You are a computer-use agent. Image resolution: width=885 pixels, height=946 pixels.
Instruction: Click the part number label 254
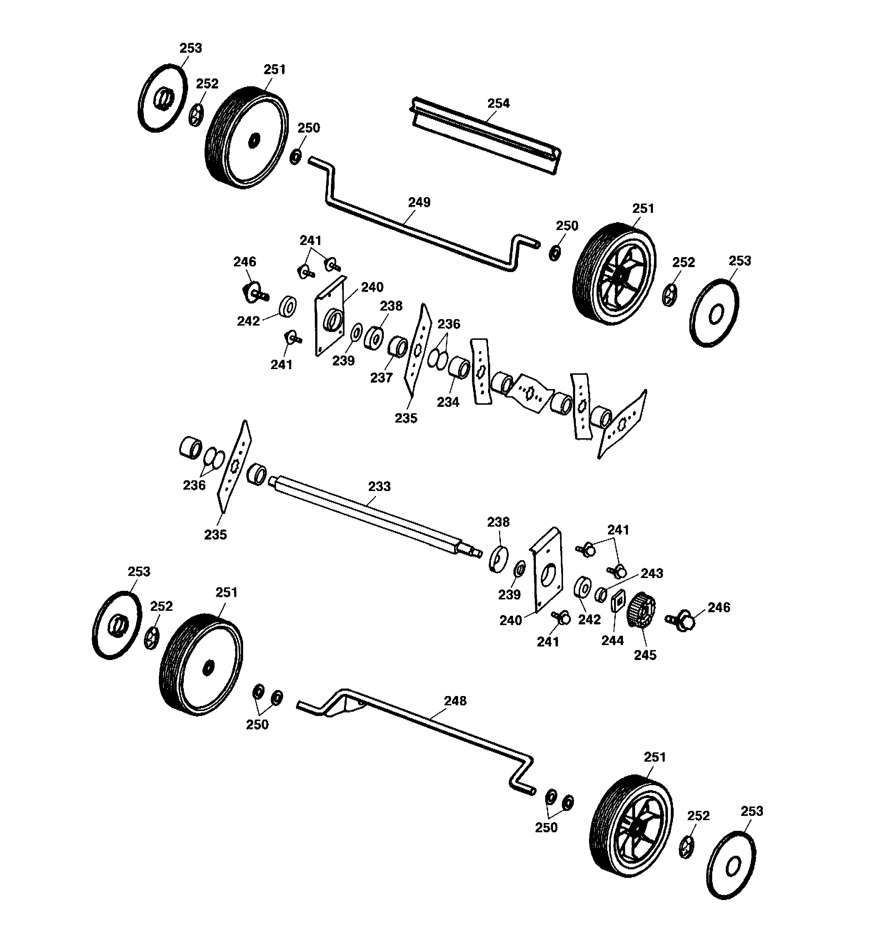click(x=498, y=103)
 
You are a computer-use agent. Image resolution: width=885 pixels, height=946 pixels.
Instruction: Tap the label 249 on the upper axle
click(x=419, y=202)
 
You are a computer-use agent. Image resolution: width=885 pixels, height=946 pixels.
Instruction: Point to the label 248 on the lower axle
click(x=456, y=701)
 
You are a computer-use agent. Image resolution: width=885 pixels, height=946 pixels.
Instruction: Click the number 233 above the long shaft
click(x=379, y=486)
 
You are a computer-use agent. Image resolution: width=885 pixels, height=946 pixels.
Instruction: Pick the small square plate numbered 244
click(x=618, y=602)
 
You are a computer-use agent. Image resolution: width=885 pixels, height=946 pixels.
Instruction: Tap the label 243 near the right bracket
click(x=652, y=573)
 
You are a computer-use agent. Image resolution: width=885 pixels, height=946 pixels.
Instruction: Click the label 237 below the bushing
click(x=381, y=378)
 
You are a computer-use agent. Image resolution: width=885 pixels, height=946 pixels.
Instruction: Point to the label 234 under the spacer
click(x=448, y=402)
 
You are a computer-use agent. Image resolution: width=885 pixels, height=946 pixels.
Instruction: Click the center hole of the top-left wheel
click(x=254, y=140)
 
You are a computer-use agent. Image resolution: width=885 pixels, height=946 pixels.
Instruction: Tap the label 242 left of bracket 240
click(x=248, y=321)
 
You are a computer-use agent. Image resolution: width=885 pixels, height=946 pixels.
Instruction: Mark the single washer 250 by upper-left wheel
click(x=295, y=157)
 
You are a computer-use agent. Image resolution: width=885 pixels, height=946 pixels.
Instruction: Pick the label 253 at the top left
click(x=191, y=48)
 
